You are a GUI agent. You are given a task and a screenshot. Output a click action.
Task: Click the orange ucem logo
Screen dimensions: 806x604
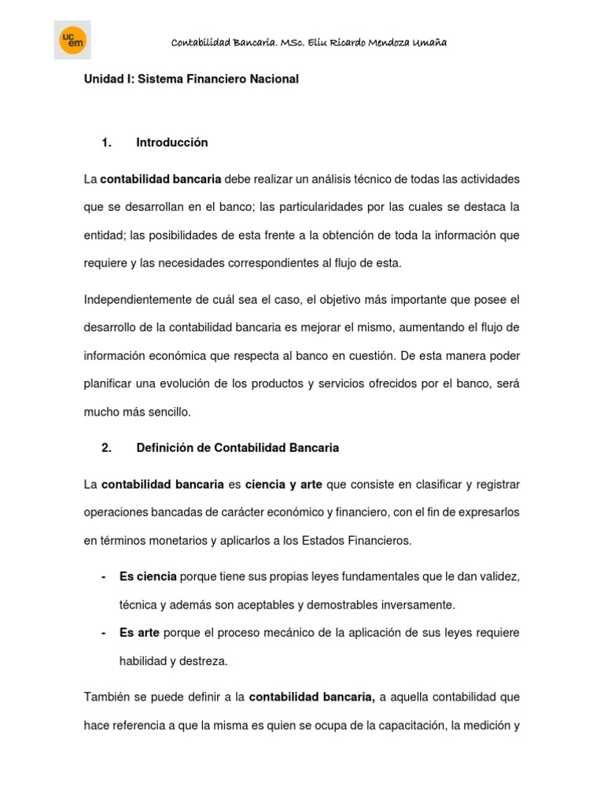click(72, 41)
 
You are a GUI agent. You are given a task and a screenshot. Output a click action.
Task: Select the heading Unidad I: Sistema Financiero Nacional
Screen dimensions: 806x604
click(191, 79)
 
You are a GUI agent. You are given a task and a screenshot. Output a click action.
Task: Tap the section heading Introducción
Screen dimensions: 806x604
click(171, 142)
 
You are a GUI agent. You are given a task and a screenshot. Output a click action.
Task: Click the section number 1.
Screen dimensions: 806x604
click(107, 142)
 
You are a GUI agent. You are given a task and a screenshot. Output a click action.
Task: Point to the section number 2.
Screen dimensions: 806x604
click(107, 448)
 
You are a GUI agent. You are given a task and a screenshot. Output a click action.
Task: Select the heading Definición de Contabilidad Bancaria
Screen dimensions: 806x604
click(238, 448)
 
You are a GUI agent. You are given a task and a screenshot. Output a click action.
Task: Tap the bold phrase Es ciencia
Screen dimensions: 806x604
click(148, 577)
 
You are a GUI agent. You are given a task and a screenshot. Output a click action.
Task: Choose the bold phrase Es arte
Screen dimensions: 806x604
click(139, 633)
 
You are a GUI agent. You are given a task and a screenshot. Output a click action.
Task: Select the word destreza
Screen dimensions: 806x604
click(203, 661)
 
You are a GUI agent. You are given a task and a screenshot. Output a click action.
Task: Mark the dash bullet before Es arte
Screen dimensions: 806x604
click(104, 633)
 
